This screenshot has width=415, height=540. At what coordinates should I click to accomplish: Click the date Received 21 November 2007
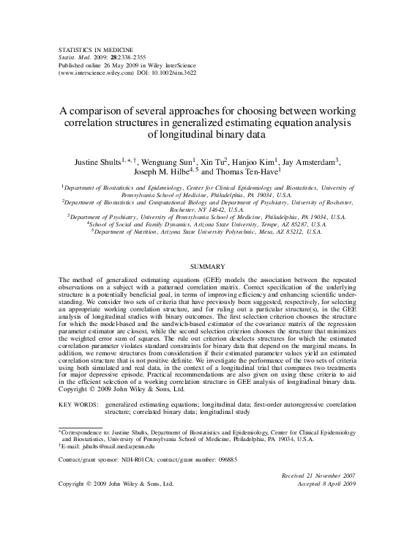[x=318, y=476]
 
